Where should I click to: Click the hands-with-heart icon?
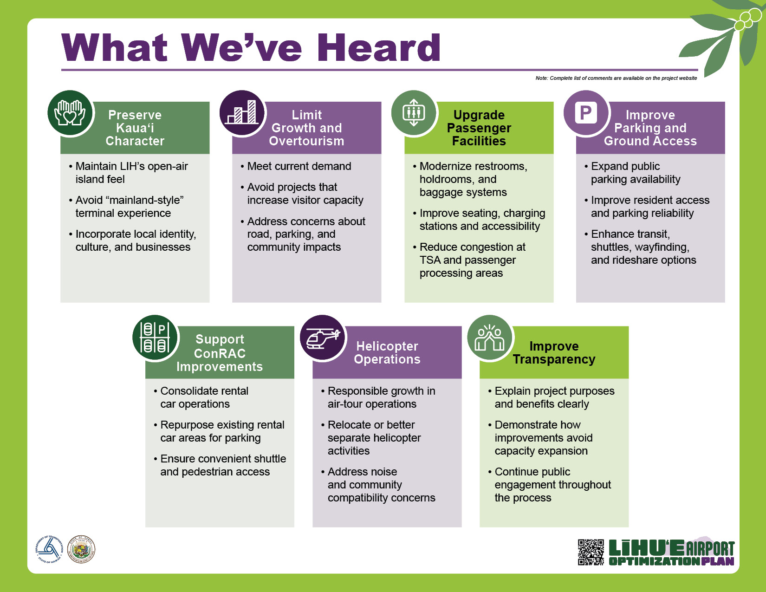point(70,113)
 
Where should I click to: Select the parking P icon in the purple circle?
point(586,113)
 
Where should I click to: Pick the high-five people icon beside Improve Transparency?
point(489,338)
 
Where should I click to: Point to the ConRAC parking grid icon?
point(155,338)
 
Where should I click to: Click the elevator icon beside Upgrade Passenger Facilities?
point(414,113)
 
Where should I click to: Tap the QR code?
point(591,552)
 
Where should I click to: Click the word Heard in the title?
point(379,48)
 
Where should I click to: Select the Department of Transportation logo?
point(49,549)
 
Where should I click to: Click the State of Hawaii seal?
point(81,549)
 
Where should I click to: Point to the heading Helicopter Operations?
point(387,352)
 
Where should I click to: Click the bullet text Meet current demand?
point(299,166)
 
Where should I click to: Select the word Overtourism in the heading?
point(307,141)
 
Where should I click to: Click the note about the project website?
point(616,78)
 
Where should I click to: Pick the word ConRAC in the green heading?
point(220,353)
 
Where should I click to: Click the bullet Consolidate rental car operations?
point(204,397)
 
